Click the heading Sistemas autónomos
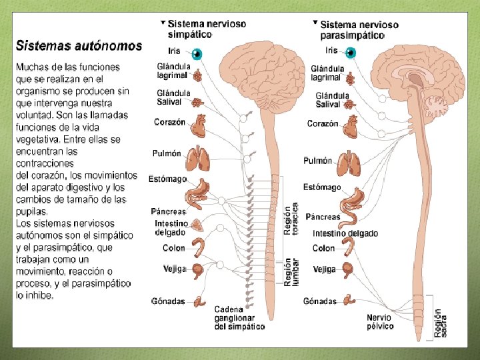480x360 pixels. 79,46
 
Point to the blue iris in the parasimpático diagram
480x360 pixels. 351,53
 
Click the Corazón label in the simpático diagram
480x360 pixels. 169,122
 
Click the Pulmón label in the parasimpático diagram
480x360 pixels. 317,161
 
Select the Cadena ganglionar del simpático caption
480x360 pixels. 239,318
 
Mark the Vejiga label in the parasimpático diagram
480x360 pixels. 324,269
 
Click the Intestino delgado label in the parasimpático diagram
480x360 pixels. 345,233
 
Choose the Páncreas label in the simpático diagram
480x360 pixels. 163,211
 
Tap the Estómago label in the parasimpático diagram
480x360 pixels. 321,187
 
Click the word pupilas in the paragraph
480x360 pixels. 32,211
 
